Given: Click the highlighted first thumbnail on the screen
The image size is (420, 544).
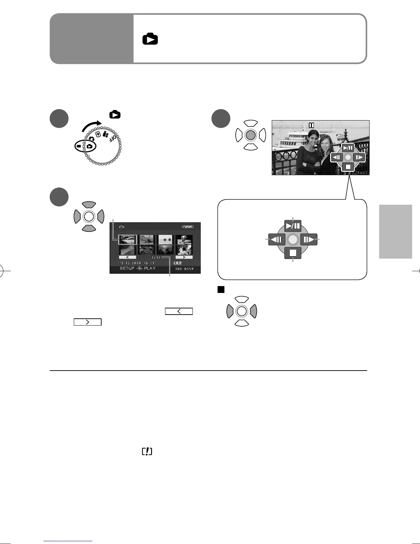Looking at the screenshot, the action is pyautogui.click(x=127, y=239).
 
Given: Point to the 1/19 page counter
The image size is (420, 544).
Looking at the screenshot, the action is pyautogui.click(x=156, y=258).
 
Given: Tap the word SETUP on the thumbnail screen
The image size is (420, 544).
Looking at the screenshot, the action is pyautogui.click(x=127, y=269).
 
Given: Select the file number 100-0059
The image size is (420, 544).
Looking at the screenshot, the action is pyautogui.click(x=184, y=269).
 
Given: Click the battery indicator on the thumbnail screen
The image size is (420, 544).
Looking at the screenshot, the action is pyautogui.click(x=188, y=227).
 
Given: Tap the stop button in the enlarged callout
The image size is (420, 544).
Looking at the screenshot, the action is pyautogui.click(x=293, y=253).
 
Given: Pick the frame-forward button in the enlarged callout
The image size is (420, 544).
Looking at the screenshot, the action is pyautogui.click(x=309, y=239).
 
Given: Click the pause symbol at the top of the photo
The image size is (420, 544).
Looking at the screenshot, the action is pyautogui.click(x=311, y=126).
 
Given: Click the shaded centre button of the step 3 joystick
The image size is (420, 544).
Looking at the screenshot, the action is pyautogui.click(x=251, y=135).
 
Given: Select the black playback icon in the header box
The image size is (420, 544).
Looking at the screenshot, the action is pyautogui.click(x=150, y=39).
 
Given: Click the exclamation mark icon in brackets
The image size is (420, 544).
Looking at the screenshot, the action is pyautogui.click(x=147, y=452).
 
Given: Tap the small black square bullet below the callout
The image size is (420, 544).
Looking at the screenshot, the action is pyautogui.click(x=221, y=290).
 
